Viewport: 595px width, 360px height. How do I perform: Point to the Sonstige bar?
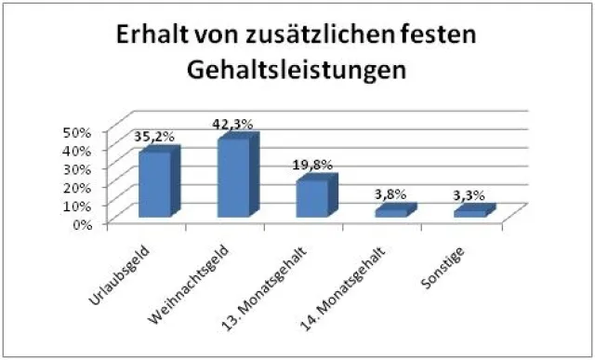point(470,212)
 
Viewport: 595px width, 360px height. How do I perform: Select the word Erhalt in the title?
point(150,39)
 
